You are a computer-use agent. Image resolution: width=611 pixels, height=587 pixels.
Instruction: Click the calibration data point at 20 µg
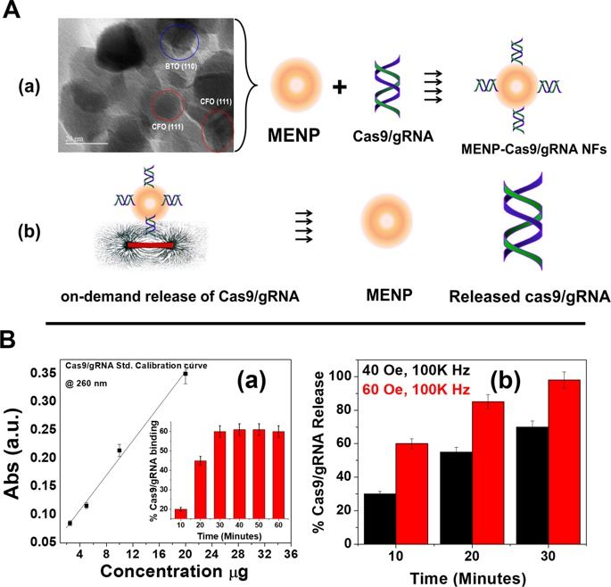point(186,348)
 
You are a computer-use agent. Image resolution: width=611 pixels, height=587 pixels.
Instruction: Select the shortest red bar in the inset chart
point(181,513)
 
